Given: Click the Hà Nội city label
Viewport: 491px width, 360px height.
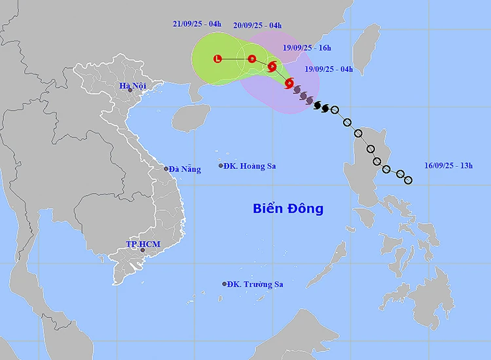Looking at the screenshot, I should click(132, 86).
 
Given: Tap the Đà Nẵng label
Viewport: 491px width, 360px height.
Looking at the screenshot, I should click(185, 169).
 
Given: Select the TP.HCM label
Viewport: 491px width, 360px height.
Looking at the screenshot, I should click(143, 244).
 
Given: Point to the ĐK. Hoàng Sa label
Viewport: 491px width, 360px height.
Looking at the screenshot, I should click(249, 166).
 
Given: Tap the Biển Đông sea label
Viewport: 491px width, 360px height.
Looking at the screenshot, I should click(288, 209).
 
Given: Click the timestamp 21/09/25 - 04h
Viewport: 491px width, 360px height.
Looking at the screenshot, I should click(197, 24).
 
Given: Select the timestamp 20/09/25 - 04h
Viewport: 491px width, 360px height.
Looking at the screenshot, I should click(257, 26).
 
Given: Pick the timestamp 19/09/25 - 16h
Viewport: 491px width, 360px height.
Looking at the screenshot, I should click(307, 47).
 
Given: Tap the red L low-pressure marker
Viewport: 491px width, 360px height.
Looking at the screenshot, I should click(218, 59).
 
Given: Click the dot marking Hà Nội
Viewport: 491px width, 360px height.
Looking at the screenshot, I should click(130, 90).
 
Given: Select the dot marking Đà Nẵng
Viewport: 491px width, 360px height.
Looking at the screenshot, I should click(166, 169).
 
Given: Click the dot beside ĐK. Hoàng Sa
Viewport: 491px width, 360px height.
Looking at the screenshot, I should click(221, 166).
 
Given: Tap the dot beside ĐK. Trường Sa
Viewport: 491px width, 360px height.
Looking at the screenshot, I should click(225, 284).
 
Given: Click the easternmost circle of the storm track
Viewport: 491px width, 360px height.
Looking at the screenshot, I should click(408, 180).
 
